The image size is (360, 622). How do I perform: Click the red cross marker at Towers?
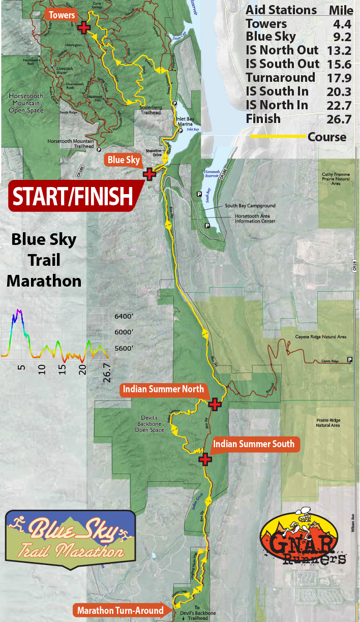(84, 27)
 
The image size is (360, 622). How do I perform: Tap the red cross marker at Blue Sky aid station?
(149, 174)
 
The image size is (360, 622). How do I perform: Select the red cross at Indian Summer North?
(215, 404)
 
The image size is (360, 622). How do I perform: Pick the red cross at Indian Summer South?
(205, 459)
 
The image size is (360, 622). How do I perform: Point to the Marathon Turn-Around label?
(121, 610)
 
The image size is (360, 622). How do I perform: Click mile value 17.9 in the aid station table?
(341, 78)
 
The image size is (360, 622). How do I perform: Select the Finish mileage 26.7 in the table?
(341, 119)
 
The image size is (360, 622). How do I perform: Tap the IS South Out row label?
(282, 64)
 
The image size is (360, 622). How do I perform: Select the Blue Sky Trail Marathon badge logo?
(70, 540)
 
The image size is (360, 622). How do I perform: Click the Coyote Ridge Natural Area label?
(320, 337)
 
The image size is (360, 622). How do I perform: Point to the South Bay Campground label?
(250, 206)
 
